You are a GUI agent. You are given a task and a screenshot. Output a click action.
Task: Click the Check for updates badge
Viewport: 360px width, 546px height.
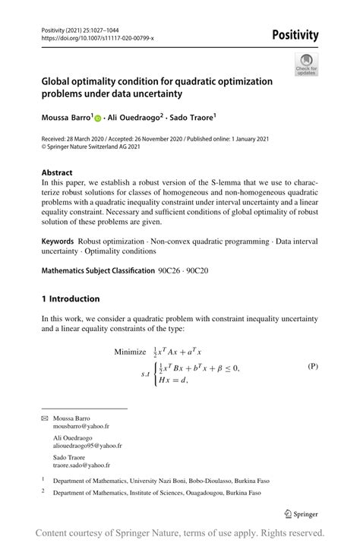click(x=306, y=64)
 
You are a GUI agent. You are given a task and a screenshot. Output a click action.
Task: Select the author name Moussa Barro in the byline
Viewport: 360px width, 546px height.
click(x=67, y=118)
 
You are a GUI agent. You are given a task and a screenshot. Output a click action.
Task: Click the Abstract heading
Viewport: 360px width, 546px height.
click(x=57, y=172)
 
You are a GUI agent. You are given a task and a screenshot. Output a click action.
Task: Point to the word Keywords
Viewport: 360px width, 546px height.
click(x=58, y=241)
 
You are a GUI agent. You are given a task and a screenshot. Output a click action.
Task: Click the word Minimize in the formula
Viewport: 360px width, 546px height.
click(x=134, y=352)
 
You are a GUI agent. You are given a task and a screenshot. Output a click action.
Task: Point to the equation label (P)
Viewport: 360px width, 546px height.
click(x=312, y=366)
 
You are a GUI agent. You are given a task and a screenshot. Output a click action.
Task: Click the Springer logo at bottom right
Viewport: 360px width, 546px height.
click(x=301, y=513)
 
